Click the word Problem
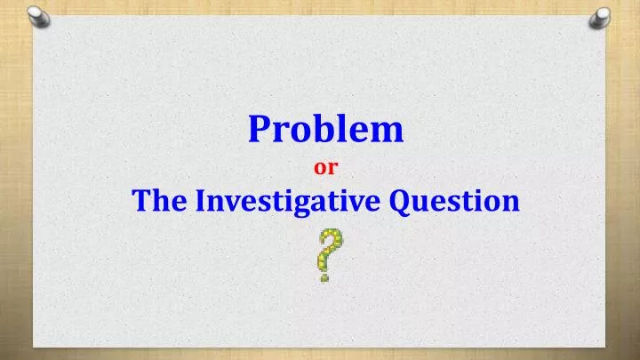click(x=325, y=129)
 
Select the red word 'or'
click(x=326, y=166)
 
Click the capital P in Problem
click(x=260, y=129)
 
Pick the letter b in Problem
click(x=317, y=129)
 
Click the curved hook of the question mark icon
click(x=331, y=243)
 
